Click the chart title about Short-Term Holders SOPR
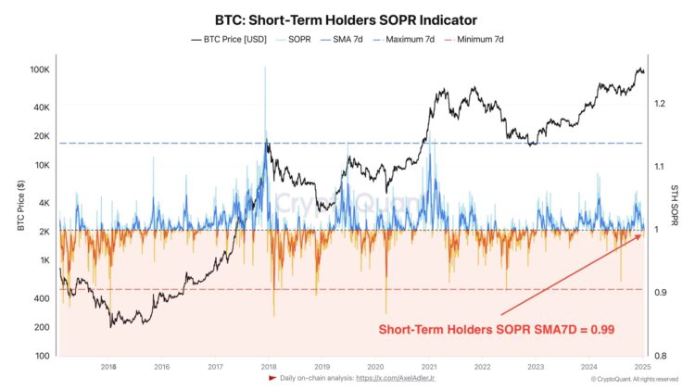[347, 19]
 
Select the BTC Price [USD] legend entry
[231, 40]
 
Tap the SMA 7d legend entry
[347, 40]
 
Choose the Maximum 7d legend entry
[411, 40]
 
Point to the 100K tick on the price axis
[40, 70]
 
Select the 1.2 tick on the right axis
[659, 104]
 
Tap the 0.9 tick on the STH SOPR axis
[659, 293]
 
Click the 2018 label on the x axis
[268, 367]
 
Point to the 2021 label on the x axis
[429, 367]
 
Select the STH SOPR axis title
[676, 214]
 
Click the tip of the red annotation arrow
[640, 236]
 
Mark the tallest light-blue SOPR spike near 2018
[264, 69]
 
